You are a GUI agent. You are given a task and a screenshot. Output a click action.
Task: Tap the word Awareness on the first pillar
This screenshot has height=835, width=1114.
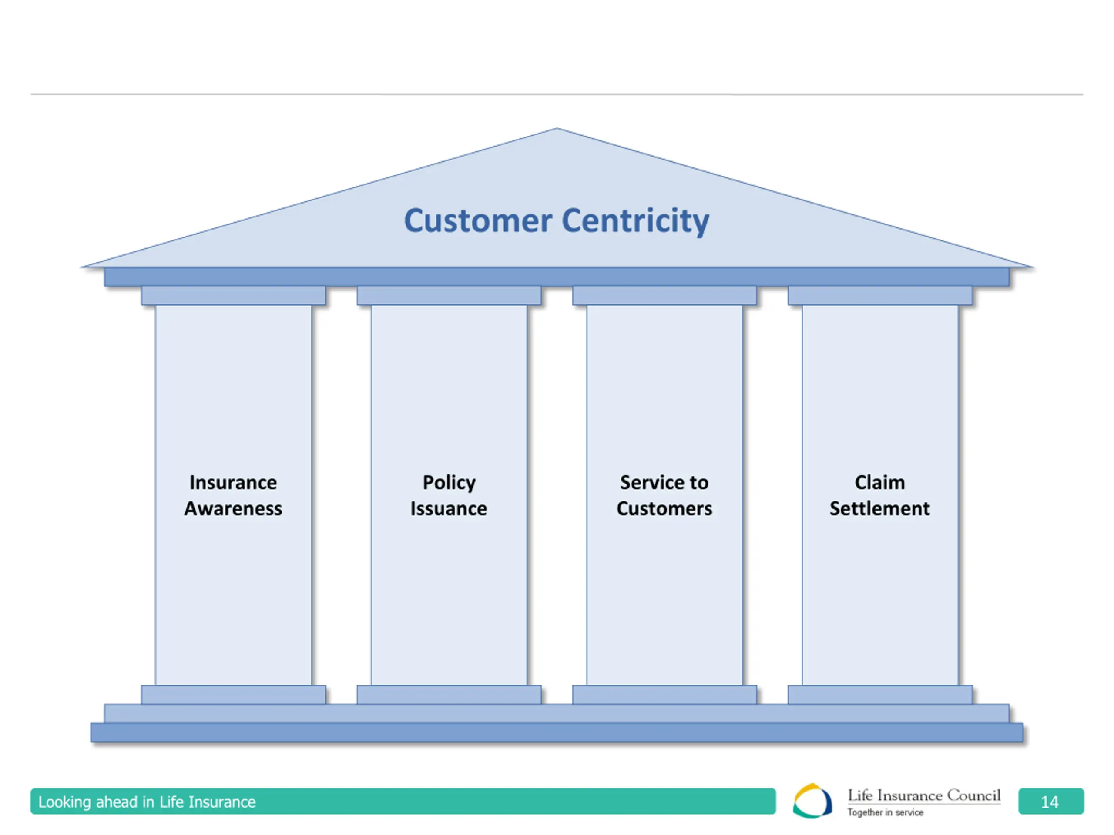233,508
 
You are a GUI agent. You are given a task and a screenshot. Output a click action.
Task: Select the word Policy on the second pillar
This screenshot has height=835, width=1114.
449,482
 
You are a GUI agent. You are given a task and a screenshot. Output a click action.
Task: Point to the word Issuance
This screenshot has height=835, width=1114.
449,508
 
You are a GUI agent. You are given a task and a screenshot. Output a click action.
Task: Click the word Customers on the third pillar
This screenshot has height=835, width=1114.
664,508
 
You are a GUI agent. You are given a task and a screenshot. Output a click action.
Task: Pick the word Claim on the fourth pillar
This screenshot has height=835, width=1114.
880,482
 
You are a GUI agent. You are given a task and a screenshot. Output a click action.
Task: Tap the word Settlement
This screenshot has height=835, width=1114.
880,508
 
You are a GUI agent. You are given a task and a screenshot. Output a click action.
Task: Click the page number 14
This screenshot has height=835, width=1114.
1050,802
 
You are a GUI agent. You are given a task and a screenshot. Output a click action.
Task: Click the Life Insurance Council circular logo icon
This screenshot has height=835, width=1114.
812,801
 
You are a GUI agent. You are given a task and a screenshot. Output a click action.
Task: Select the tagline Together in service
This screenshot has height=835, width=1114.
886,812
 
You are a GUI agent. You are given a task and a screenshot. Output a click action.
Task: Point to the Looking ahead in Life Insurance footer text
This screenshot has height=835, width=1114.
147,802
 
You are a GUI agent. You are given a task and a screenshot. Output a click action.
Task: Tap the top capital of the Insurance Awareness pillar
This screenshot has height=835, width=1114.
233,295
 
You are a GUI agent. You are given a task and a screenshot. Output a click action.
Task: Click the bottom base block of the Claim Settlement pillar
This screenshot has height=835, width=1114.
880,695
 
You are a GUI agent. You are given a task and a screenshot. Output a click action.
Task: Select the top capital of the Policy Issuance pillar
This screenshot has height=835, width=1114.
449,295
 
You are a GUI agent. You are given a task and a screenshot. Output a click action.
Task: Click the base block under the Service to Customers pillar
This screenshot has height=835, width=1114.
664,695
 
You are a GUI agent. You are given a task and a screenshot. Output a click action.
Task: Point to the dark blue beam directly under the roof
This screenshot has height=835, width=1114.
557,277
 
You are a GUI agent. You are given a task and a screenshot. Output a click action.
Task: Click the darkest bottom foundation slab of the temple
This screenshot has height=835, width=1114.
557,732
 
